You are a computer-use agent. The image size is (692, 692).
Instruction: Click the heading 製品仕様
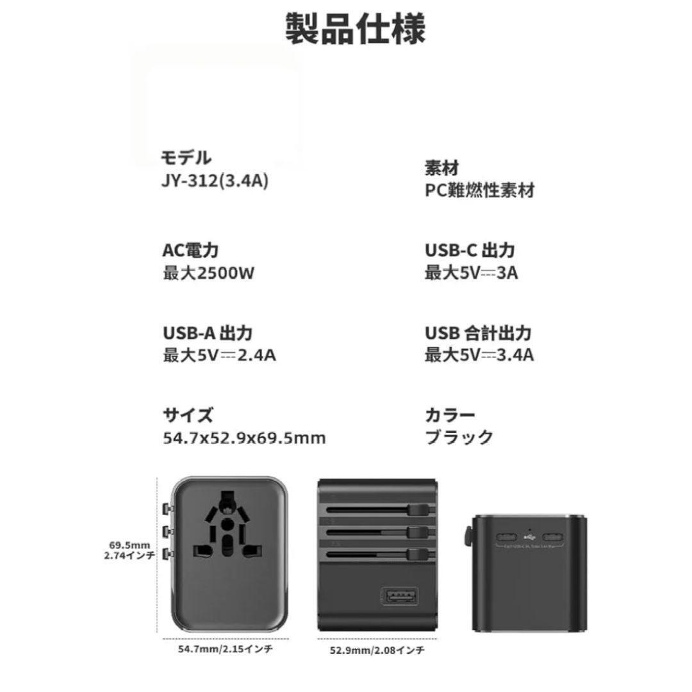(x=355, y=28)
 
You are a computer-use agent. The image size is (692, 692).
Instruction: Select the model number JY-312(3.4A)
(x=215, y=181)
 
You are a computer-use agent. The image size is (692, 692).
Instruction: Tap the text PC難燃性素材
(x=479, y=190)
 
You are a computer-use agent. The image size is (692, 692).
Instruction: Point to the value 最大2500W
(x=209, y=273)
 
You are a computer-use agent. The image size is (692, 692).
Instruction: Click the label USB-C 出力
(x=470, y=250)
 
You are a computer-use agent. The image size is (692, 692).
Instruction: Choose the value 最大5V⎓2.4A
(x=219, y=354)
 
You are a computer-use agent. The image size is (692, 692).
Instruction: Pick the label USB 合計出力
(x=478, y=333)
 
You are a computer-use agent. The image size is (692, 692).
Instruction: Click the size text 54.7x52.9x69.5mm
(x=244, y=438)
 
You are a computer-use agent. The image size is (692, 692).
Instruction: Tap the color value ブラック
(x=459, y=437)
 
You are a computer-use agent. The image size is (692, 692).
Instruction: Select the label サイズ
(x=187, y=415)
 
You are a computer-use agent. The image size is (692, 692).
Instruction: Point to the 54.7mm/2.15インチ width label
(x=225, y=648)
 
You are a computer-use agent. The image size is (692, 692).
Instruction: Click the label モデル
(x=186, y=158)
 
